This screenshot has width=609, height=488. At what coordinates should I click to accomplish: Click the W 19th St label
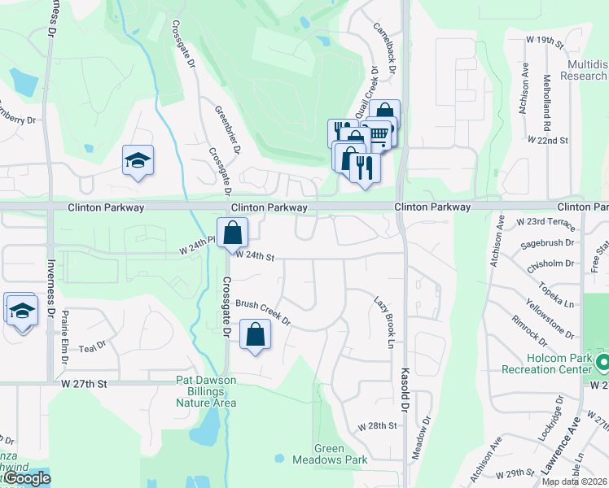pos(545,39)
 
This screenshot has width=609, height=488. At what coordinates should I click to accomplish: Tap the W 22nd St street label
pos(547,140)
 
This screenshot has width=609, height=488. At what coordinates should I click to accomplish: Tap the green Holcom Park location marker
pos(602,361)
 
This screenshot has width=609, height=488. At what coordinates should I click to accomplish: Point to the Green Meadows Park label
pos(341,454)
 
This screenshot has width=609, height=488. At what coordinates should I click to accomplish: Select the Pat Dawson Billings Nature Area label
pos(206,391)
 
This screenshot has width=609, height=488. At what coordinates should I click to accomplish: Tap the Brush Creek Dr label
pos(263,312)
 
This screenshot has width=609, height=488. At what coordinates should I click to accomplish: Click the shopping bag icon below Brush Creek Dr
pos(256,333)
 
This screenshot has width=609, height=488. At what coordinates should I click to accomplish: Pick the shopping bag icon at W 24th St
pos(233,233)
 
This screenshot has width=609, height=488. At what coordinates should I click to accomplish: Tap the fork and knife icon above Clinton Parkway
pos(364,168)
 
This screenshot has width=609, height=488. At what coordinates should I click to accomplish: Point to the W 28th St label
pos(377,426)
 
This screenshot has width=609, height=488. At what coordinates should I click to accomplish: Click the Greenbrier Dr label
pos(229,129)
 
